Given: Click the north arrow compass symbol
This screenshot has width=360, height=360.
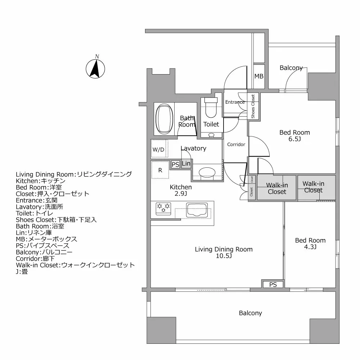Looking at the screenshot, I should [95, 67].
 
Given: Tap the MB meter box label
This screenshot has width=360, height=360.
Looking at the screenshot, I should [259, 76].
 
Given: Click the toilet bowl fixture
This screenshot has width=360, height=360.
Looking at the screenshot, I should [211, 108].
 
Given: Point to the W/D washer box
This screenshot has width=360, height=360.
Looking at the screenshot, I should [159, 149].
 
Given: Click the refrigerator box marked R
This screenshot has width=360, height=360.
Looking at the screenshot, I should [160, 170].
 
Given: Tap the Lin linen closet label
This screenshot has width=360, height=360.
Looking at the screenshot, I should [186, 164].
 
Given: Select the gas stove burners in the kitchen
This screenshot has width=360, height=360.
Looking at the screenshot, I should [163, 208].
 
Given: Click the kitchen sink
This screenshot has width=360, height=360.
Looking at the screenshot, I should [197, 210].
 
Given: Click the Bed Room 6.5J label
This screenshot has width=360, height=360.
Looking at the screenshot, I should [294, 136].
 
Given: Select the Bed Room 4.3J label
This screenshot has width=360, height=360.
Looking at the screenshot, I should [310, 244].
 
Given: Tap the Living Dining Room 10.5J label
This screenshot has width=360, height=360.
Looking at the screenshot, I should [224, 252].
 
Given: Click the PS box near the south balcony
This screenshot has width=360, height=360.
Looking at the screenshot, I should [273, 285].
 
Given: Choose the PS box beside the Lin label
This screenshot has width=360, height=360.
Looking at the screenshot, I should [175, 165].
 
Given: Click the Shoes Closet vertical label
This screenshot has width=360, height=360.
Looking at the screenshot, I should [253, 106].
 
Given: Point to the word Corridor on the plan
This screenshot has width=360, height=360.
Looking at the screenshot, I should [236, 145].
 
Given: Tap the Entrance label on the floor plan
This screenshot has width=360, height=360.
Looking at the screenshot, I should [235, 102].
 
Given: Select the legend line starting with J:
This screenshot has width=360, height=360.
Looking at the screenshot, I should [22, 272].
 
